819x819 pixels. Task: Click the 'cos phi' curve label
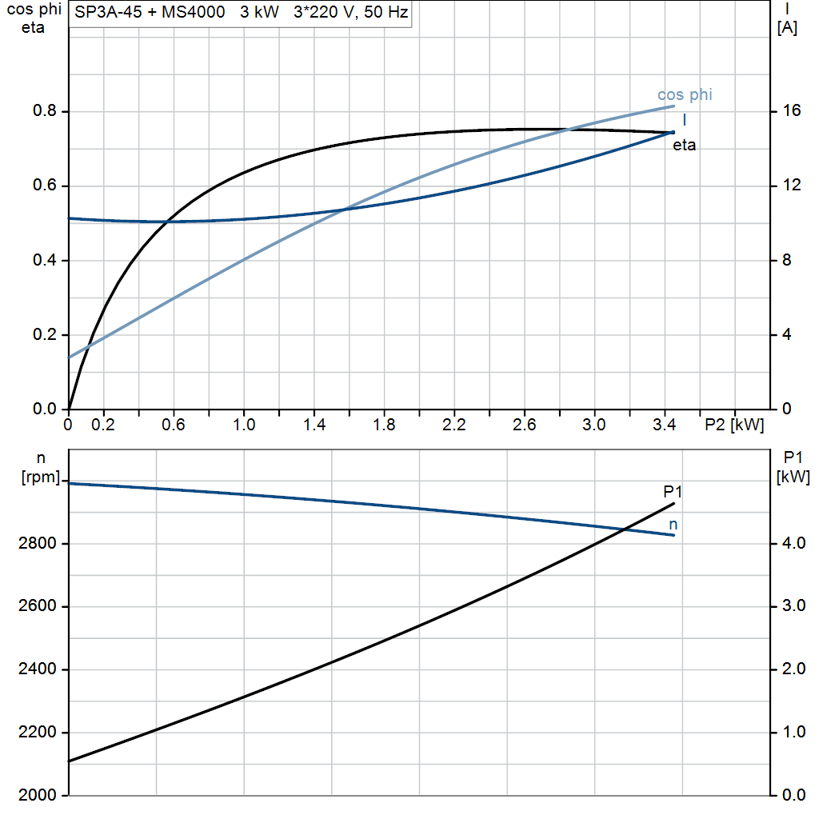(x=685, y=94)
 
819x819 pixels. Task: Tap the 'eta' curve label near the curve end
(x=684, y=146)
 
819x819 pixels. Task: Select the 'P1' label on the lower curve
(x=673, y=491)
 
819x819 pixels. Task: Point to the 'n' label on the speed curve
(x=673, y=525)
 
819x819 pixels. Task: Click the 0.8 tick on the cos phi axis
(x=44, y=111)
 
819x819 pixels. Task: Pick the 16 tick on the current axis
(x=791, y=111)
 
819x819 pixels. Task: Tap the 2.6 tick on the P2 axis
(x=524, y=425)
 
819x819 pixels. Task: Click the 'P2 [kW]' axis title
(x=733, y=425)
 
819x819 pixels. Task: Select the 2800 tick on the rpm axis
(x=35, y=544)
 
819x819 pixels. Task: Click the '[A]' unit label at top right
(x=787, y=27)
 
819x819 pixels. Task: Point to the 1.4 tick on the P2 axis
(x=314, y=425)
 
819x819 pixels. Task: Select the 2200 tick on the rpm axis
(x=35, y=733)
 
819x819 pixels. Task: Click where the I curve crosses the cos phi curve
(x=346, y=210)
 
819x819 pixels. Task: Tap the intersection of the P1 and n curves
(x=623, y=529)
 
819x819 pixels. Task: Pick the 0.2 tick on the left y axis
(x=44, y=335)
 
